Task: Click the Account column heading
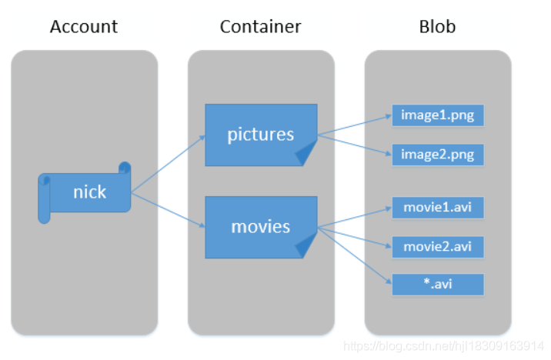84,27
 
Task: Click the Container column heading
260,27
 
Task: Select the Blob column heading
437,27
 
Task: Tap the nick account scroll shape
85,192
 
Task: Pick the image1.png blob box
437,116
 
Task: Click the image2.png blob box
437,154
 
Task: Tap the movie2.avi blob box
437,247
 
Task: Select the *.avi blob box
437,285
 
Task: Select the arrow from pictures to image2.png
354,145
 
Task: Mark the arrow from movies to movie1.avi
354,217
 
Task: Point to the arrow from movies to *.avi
354,254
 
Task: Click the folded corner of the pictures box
307,155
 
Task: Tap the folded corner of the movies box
307,247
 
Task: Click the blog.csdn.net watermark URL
445,348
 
